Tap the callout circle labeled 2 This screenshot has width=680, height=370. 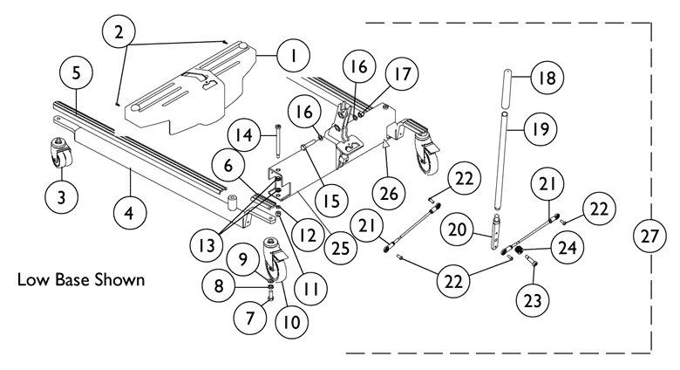[120, 33]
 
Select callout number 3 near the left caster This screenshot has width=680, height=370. [61, 197]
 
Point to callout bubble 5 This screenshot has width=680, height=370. [76, 74]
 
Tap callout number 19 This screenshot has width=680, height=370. [540, 130]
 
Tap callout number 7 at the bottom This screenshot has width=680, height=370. [250, 318]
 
